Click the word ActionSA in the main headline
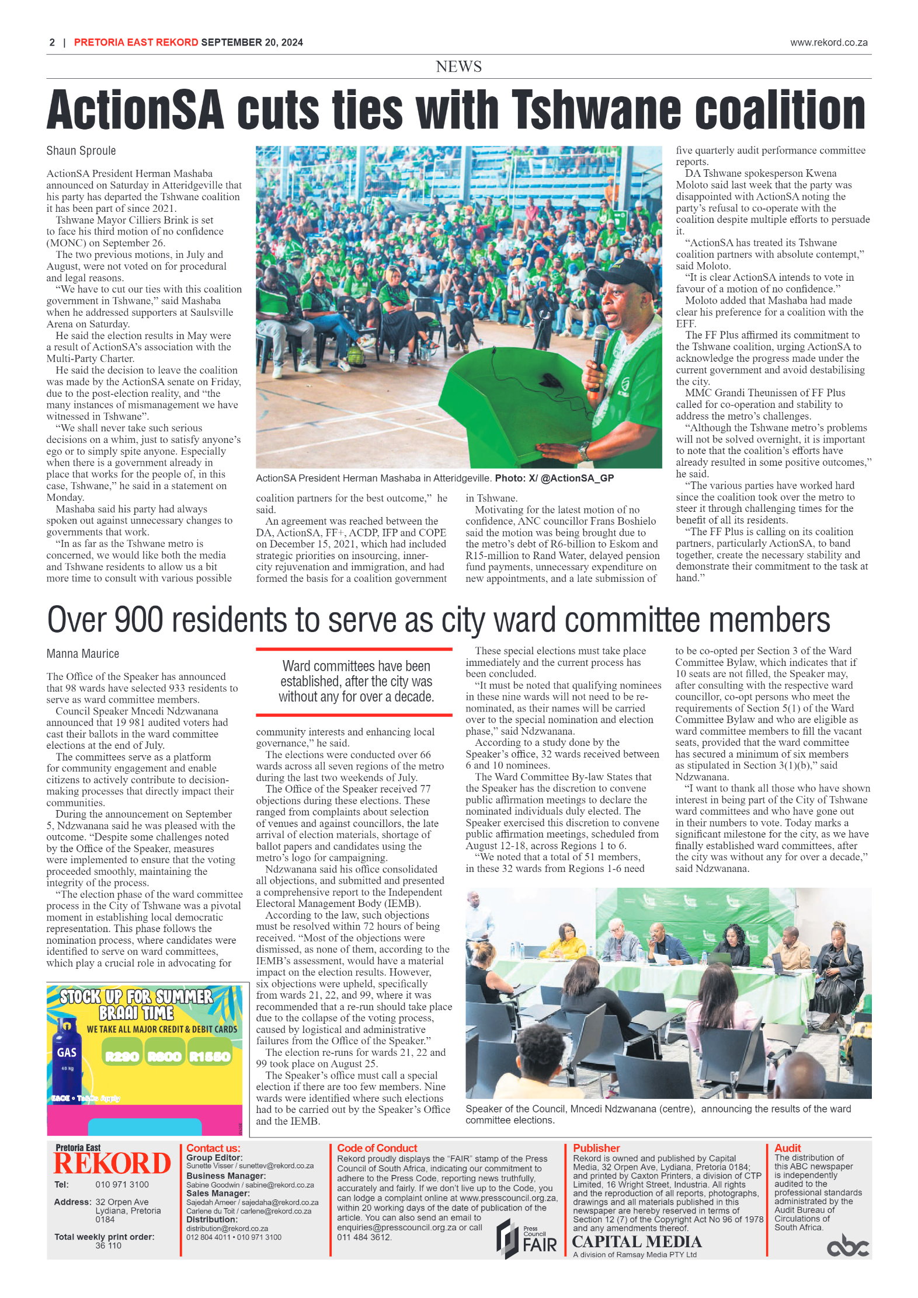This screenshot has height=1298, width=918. click(x=135, y=110)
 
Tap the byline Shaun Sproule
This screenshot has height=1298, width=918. click(x=81, y=151)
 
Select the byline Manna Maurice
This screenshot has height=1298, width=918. click(x=83, y=654)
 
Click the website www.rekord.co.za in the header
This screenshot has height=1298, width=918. click(x=829, y=43)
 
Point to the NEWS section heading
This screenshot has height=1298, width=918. click(x=458, y=67)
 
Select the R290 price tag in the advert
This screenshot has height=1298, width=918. click(x=121, y=1056)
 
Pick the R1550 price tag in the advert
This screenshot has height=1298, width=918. click(x=210, y=1056)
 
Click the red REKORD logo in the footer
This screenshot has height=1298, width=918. click(x=112, y=1163)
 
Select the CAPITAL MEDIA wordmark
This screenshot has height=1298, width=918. click(x=637, y=1241)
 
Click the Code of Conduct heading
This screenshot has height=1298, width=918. click(x=377, y=1148)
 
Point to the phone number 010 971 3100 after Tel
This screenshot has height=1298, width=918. click(x=122, y=1184)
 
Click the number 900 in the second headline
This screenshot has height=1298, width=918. click(x=138, y=620)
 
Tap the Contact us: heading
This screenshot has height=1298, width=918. click(x=213, y=1148)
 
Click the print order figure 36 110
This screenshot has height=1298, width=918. click(x=108, y=1245)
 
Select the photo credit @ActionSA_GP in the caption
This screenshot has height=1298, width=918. click(x=577, y=478)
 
